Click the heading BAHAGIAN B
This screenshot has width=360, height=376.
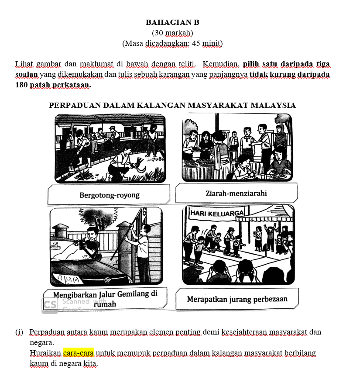[x=172, y=22]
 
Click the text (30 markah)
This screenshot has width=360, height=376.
[x=172, y=33]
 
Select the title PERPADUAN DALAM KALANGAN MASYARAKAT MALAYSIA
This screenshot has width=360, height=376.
[x=172, y=105]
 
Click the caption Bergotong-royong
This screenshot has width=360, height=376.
[x=110, y=195]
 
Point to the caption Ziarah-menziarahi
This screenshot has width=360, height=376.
[x=236, y=193]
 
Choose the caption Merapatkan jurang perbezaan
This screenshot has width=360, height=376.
[x=237, y=299]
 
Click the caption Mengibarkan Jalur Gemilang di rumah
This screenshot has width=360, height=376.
[x=105, y=299]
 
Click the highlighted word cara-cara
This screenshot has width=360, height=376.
[x=79, y=353]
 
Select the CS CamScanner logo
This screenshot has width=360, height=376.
[x=50, y=305]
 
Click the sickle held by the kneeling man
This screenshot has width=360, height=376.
[x=140, y=169]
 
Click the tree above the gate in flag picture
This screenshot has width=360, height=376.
[x=98, y=217]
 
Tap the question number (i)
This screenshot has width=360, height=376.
[x=19, y=332]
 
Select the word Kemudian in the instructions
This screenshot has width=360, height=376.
[x=220, y=64]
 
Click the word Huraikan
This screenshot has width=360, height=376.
[x=45, y=353]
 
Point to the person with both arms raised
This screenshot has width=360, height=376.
[x=270, y=238]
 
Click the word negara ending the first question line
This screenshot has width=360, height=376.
[x=41, y=343]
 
